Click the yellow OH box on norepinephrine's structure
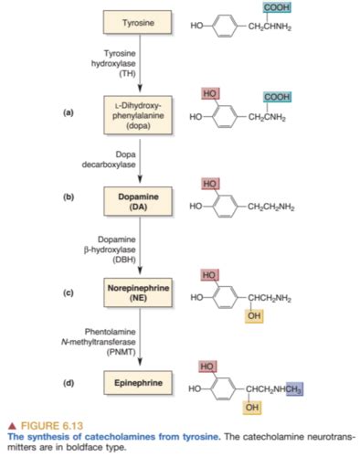pos(252,315)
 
